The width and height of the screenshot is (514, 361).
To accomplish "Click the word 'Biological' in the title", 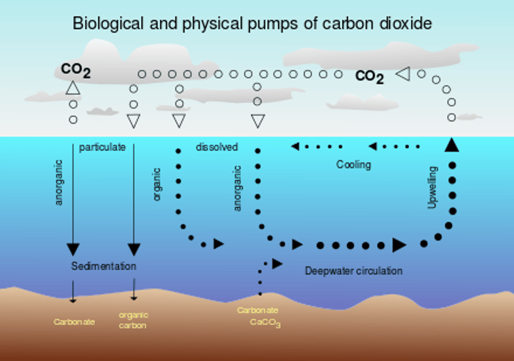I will pos(107,24).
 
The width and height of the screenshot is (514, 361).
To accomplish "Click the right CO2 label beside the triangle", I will pos(369,76).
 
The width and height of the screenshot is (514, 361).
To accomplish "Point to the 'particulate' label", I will pos(102,147).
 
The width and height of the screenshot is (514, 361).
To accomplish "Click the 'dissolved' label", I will pos(217,147).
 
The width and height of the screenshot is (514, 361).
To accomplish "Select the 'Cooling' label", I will pos(353,165).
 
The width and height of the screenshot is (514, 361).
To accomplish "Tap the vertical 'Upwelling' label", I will pos(432,187).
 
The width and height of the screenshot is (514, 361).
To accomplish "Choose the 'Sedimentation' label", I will pos(104,266).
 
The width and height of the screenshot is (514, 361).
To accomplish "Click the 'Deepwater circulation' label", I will pos(353,271).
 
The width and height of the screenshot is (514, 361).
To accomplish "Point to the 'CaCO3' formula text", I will pos(265,323).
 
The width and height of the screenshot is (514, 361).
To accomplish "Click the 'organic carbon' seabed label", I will pos(133,320).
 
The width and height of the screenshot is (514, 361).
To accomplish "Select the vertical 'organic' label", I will pos(157,184).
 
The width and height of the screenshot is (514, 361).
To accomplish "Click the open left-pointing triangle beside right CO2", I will pos(403,74).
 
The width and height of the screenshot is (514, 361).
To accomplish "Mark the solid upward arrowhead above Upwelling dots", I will pos(452,145).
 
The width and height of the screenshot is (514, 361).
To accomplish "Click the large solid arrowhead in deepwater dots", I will pos(399,245).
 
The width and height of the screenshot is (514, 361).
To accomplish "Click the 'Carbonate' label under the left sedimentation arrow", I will pos(74,322).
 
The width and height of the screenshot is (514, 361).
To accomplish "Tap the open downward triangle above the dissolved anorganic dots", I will pos(258,121).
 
